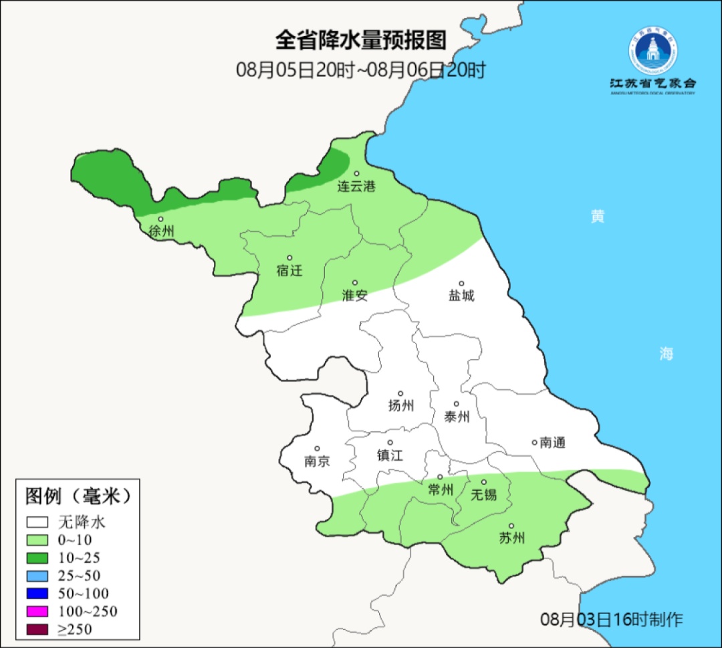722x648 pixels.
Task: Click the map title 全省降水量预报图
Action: tap(360, 40)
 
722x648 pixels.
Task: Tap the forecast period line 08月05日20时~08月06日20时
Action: tap(360, 70)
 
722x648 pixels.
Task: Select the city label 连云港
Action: tap(356, 187)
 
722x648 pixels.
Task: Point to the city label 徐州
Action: tap(162, 231)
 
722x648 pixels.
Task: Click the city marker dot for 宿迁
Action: tap(289, 257)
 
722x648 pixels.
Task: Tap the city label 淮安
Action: tap(355, 296)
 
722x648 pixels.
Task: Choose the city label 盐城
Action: tap(461, 296)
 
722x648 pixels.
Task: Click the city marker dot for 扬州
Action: tap(400, 393)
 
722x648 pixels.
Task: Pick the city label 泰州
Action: tap(457, 417)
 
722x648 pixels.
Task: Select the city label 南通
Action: tap(552, 442)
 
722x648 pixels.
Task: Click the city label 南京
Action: tap(317, 461)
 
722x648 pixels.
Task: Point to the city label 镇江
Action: tap(390, 455)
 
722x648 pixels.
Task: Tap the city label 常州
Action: tap(441, 490)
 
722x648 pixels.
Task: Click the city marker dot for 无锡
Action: tap(484, 482)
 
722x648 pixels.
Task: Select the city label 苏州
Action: tap(512, 538)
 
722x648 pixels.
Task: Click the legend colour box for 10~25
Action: tap(38, 558)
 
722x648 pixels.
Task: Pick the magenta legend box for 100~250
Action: tap(38, 611)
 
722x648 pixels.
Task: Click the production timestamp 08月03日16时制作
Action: tap(612, 619)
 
